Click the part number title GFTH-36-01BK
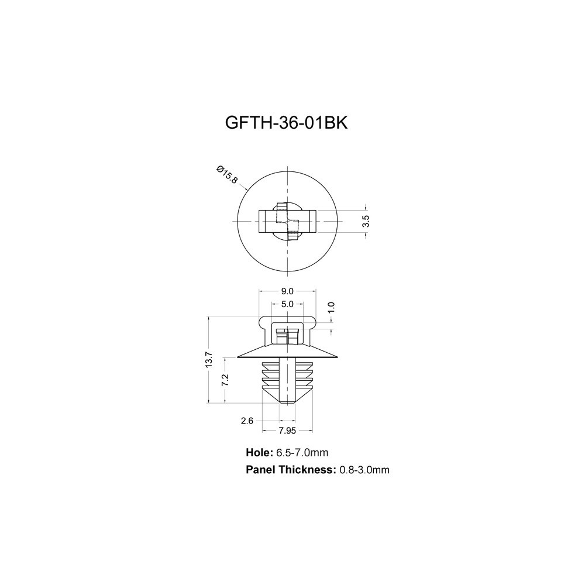coord(286,123)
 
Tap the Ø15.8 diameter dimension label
coord(227,174)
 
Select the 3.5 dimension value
coord(366,221)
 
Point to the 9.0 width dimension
coord(287,291)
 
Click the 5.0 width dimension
coord(287,304)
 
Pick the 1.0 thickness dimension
coord(332,307)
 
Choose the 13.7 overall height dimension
coord(209,360)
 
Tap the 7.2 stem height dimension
coord(225,380)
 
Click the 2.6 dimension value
coord(247,421)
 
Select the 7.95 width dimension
coord(287,431)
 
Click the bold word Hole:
coord(260,453)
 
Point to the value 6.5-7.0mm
coord(302,453)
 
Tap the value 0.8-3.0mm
coord(364,470)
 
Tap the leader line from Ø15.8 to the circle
coord(243,186)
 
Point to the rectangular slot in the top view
coord(287,221)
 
